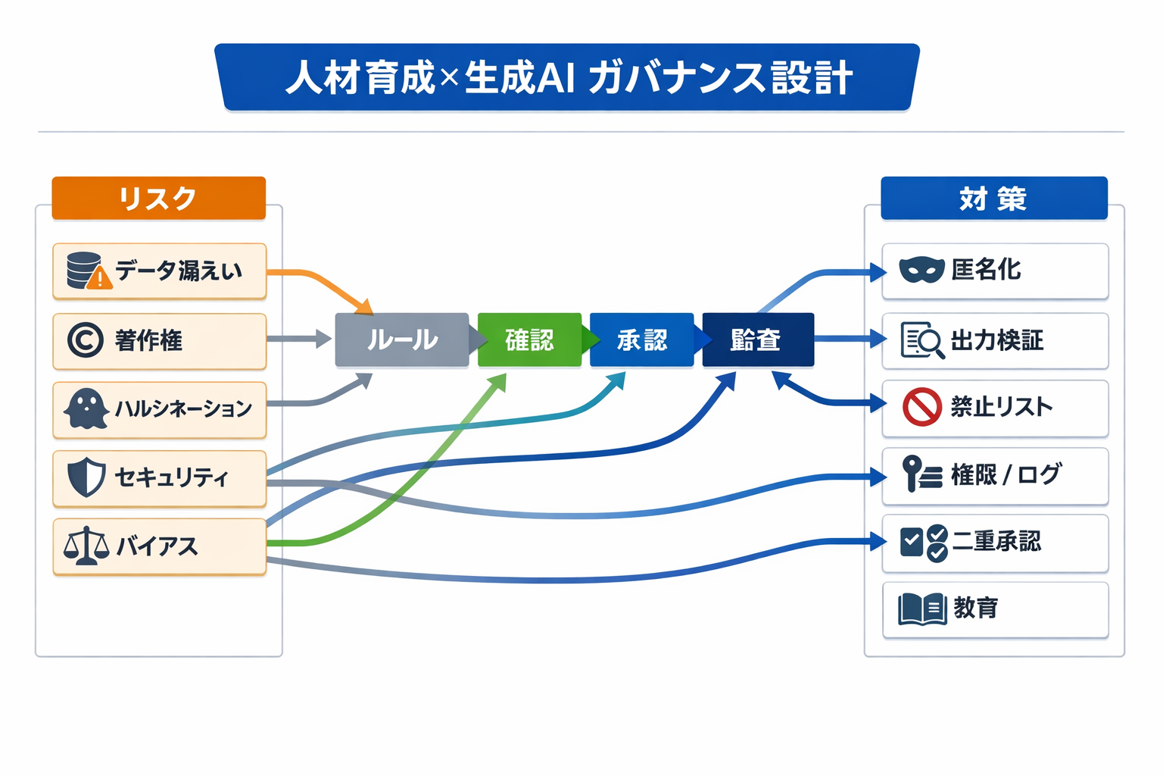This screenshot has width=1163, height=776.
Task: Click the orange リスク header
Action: (x=158, y=199)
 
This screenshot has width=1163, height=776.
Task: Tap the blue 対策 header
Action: (x=993, y=199)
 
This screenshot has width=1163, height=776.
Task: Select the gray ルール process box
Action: (x=402, y=339)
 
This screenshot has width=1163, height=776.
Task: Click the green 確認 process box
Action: (x=529, y=339)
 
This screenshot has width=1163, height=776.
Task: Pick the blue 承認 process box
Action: (x=641, y=339)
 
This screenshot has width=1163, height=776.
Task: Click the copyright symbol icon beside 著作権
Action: (x=85, y=340)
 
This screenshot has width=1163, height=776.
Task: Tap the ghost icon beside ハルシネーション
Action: (x=86, y=409)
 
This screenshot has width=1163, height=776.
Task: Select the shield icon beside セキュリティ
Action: (x=86, y=477)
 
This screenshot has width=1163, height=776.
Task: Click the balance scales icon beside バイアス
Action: (x=86, y=546)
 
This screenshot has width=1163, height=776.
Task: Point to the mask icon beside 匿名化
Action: (x=921, y=270)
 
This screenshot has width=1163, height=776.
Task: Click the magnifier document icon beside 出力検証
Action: (x=921, y=340)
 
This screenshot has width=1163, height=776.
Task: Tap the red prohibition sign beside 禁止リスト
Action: (x=921, y=407)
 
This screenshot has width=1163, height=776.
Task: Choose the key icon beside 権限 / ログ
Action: (x=921, y=474)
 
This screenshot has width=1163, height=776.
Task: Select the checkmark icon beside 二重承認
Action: (x=923, y=542)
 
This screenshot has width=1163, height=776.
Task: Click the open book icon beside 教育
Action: (x=921, y=609)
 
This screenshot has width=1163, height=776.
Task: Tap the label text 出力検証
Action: (x=996, y=340)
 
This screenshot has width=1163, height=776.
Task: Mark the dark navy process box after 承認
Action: (x=758, y=339)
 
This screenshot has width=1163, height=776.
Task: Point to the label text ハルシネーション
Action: (x=183, y=409)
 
